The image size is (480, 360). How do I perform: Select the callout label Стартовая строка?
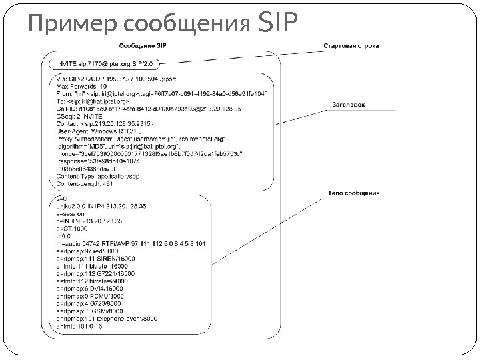pos(351,47)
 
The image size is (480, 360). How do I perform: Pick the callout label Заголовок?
pos(348,104)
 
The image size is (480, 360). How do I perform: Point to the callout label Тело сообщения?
pos(353,193)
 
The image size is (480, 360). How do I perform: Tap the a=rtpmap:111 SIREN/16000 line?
pos(97,258)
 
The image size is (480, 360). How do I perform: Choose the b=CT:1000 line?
pos(73,228)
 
